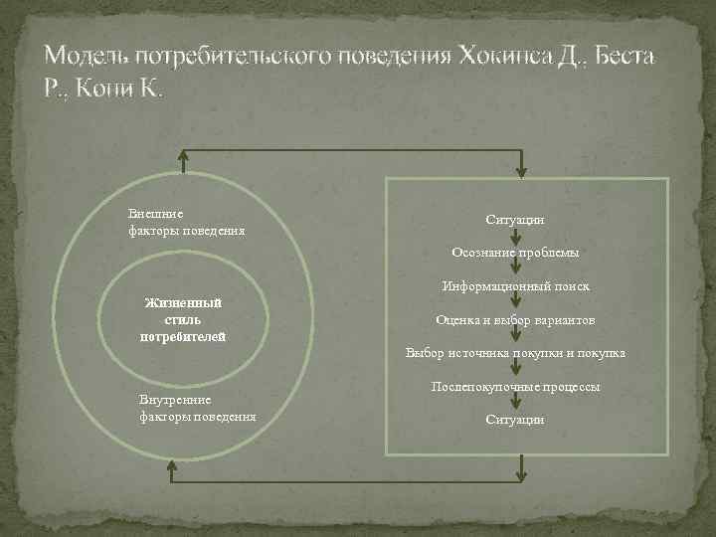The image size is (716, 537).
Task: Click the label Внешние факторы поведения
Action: click(187, 223)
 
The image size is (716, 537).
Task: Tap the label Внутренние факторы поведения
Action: click(199, 408)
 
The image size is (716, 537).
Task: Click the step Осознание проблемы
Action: click(515, 253)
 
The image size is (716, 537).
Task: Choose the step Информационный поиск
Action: click(516, 286)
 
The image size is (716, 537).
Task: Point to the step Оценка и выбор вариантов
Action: click(515, 320)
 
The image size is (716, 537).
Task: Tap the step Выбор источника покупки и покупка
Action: click(515, 353)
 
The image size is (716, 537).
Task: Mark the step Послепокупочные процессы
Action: click(515, 386)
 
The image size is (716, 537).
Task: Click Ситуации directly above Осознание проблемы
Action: click(515, 219)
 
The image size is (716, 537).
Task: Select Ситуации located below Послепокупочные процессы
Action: click(515, 420)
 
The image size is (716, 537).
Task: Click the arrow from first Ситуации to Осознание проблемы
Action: click(515, 237)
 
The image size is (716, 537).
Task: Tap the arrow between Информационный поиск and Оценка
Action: click(515, 303)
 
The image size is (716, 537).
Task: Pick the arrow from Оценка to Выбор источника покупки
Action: click(515, 337)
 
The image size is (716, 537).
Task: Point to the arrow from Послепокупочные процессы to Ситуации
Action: click(515, 403)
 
